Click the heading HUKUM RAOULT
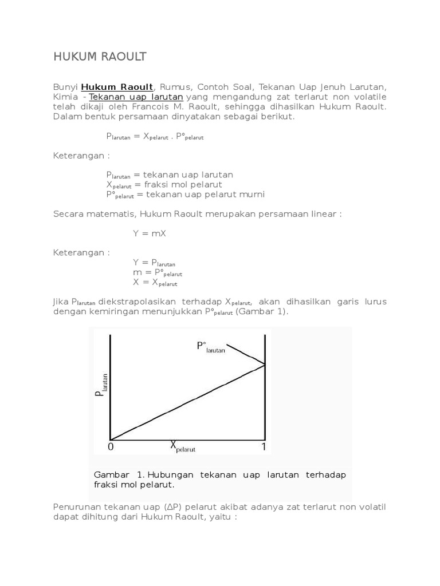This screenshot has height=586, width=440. (100, 56)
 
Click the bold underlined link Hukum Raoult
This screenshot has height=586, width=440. (117, 87)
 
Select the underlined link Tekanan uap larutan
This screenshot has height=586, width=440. (136, 97)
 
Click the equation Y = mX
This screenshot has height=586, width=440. (150, 233)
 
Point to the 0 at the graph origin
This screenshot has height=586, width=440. (111, 447)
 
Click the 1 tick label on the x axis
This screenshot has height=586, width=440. (264, 446)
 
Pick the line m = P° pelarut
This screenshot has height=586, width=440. (158, 272)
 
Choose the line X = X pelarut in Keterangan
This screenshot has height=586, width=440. (155, 282)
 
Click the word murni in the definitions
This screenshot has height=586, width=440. (252, 194)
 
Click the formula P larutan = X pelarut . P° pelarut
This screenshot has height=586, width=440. (155, 136)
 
